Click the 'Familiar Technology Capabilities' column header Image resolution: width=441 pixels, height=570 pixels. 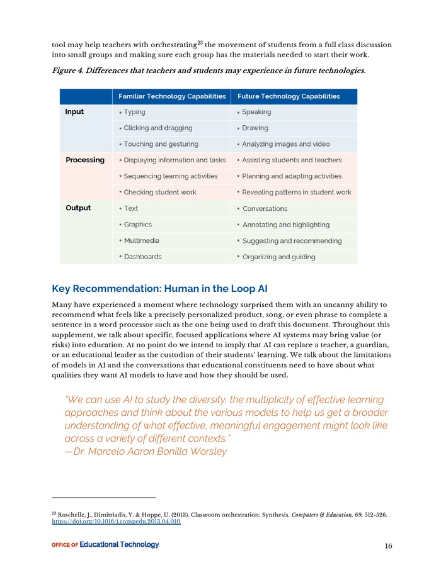pyautogui.click(x=172, y=96)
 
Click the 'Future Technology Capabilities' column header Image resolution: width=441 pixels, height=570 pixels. pyautogui.click(x=288, y=96)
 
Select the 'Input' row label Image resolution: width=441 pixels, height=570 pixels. pyautogui.click(x=74, y=112)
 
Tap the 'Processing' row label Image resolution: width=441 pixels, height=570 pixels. pyautogui.click(x=85, y=160)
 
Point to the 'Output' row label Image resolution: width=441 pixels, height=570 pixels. pyautogui.click(x=78, y=208)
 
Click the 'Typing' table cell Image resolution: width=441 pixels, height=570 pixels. pyautogui.click(x=134, y=112)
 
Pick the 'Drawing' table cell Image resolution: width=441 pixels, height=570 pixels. pyautogui.click(x=255, y=128)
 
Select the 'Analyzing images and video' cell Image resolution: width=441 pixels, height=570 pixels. pyautogui.click(x=285, y=144)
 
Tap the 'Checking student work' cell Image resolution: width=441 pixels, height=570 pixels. pyautogui.click(x=160, y=192)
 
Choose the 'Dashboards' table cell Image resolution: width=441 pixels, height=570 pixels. pyautogui.click(x=142, y=257)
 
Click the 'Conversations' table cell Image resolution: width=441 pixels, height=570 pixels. pyautogui.click(x=265, y=208)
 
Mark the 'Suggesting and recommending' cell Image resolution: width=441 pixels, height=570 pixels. pyautogui.click(x=292, y=240)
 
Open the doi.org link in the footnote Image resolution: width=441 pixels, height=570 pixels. pyautogui.click(x=116, y=522)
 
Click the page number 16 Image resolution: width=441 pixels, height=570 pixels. pyautogui.click(x=388, y=546)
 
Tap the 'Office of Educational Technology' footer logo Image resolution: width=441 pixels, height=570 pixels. pyautogui.click(x=105, y=545)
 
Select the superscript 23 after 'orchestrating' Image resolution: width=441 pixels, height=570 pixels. pyautogui.click(x=200, y=43)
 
